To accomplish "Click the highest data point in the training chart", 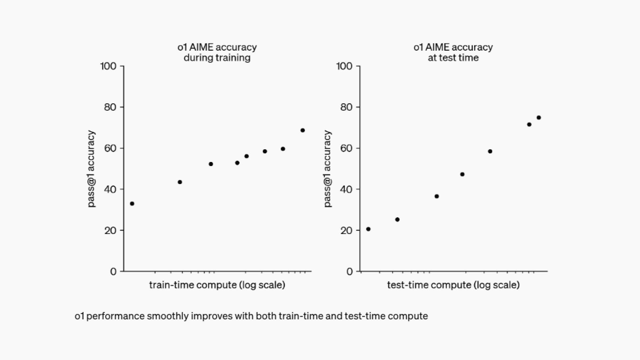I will tap(303, 130).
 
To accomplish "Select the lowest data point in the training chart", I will tap(132, 204).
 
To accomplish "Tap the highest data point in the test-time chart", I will tap(539, 118).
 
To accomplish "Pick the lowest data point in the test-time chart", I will tap(368, 229).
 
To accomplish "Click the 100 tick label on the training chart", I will tap(108, 66).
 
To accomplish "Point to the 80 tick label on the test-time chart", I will tap(346, 107).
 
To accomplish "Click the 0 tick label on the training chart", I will tap(113, 272).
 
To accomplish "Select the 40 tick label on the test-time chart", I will tap(346, 189).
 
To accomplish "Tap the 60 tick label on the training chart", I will tap(110, 148).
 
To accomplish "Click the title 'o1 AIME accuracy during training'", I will tap(217, 52).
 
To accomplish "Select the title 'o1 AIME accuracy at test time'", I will tap(453, 52).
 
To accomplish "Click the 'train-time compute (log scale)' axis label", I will tap(217, 285).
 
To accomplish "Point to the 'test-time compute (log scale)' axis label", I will tap(453, 285).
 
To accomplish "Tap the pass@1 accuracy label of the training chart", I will tap(91, 169).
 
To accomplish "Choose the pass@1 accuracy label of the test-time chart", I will tap(327, 169).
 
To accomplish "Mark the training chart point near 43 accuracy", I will tap(180, 182).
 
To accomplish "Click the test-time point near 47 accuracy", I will tap(462, 174).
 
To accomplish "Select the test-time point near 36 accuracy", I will tap(437, 196).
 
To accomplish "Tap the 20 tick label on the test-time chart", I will tap(346, 230).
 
